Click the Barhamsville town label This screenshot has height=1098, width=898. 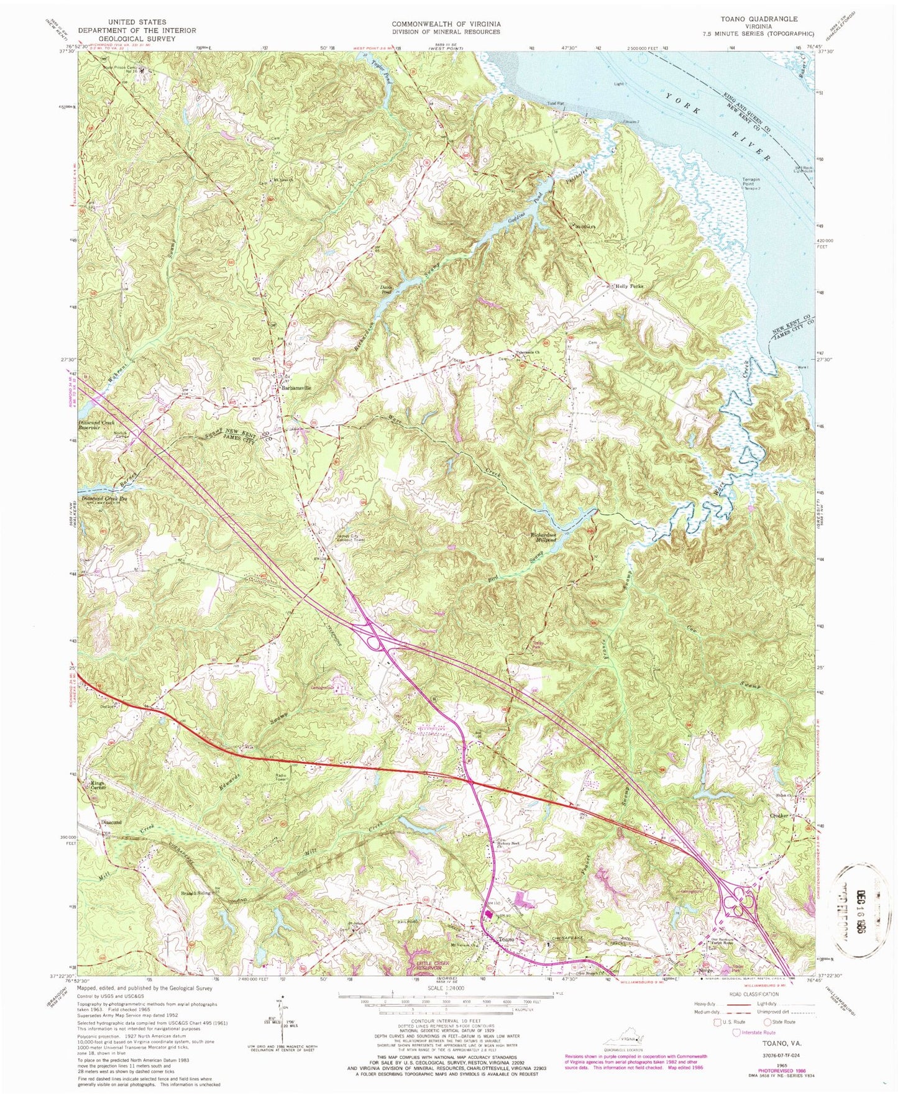(x=296, y=388)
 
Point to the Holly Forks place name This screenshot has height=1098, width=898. (x=628, y=286)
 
